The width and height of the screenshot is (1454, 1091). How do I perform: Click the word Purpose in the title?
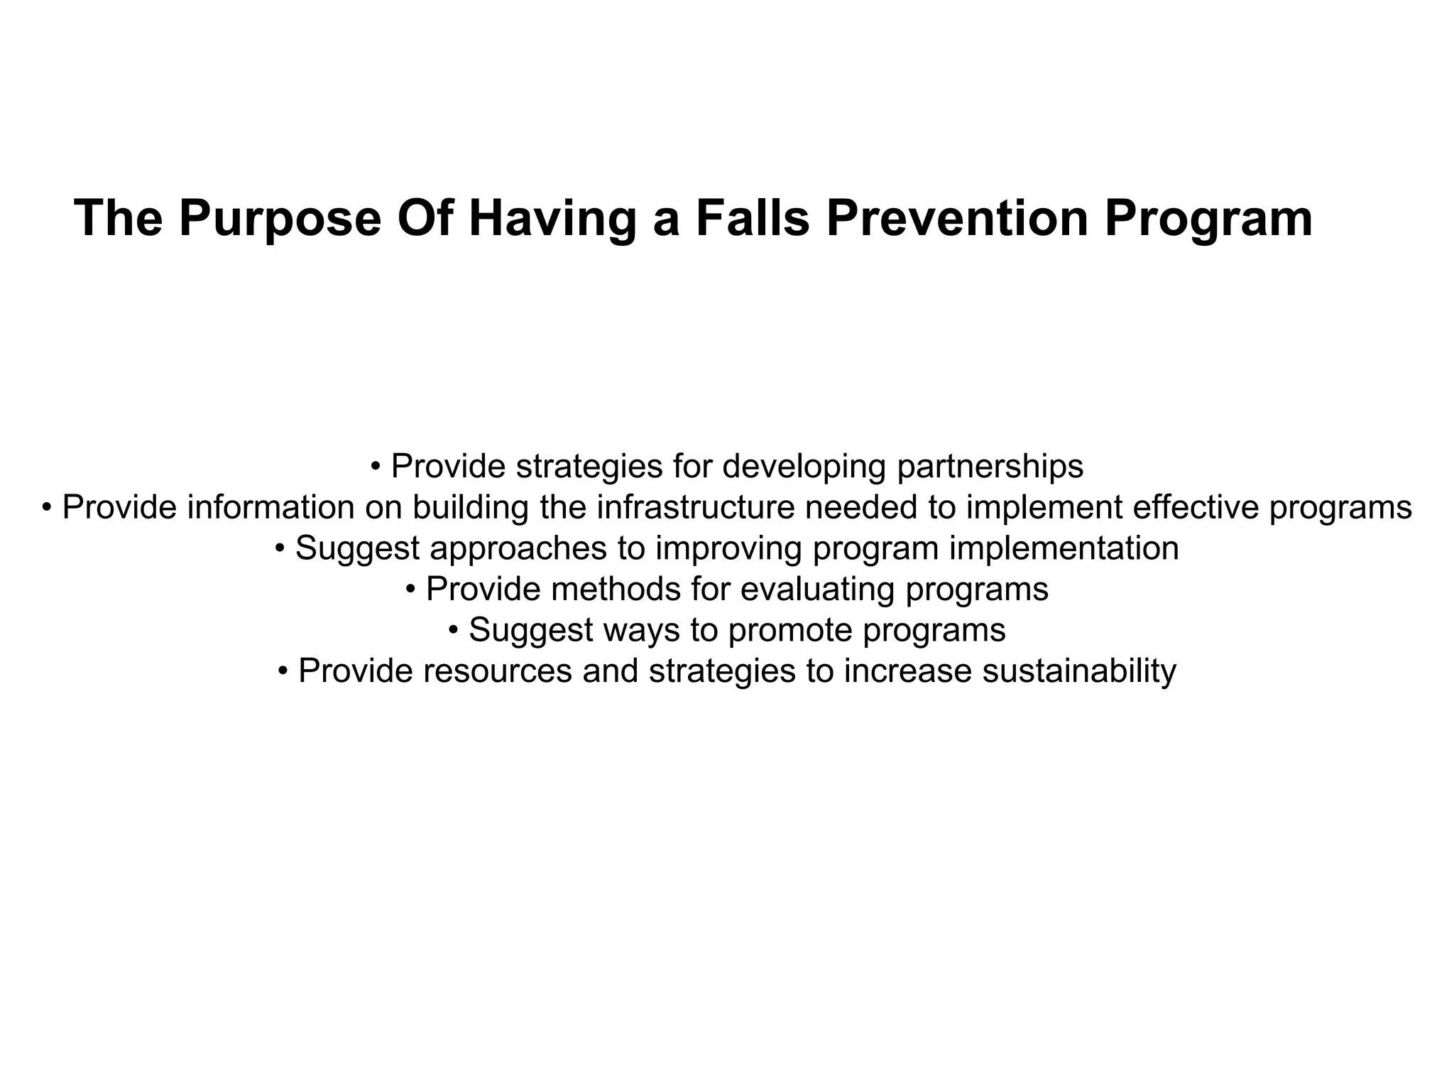280,219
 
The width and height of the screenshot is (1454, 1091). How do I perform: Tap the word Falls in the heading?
753,219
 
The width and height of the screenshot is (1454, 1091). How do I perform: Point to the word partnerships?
990,467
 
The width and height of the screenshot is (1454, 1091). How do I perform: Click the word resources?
497,671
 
